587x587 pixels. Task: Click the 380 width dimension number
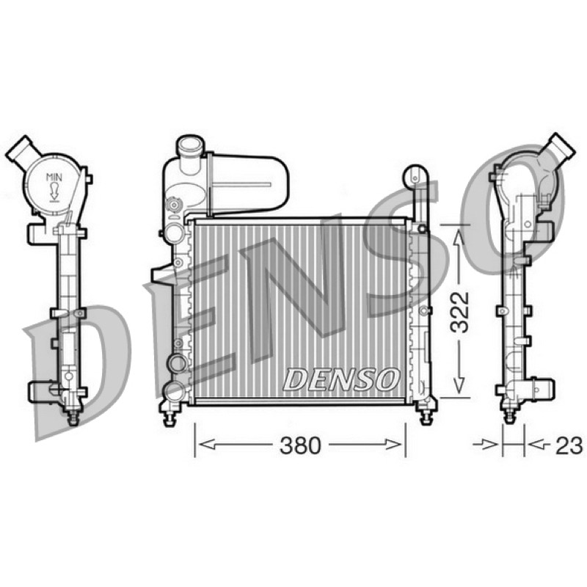click(300, 445)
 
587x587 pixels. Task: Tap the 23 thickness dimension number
click(569, 445)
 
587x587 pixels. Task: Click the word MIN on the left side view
click(54, 177)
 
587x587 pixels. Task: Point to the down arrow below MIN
click(54, 192)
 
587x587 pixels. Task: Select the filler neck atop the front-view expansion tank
click(190, 150)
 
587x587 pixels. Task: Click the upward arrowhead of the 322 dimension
click(459, 237)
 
